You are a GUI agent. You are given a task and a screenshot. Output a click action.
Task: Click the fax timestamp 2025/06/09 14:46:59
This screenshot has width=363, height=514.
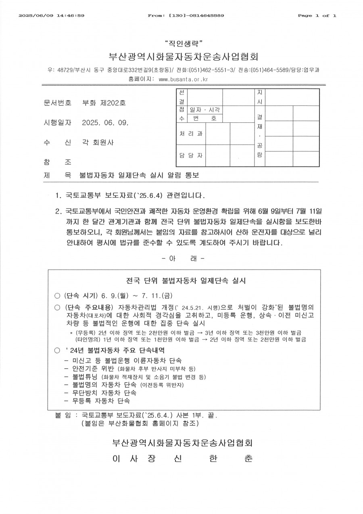(x=52, y=16)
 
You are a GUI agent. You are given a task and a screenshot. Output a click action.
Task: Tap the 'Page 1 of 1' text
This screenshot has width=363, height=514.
(x=317, y=16)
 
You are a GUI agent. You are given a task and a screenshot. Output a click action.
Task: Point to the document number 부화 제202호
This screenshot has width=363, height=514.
(x=104, y=103)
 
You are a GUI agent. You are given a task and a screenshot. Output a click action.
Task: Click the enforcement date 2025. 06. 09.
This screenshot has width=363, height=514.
(x=105, y=123)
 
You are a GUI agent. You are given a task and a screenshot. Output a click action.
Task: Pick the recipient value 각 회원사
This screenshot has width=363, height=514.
(x=98, y=143)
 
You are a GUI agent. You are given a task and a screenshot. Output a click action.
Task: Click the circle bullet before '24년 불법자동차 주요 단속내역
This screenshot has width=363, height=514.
(x=57, y=350)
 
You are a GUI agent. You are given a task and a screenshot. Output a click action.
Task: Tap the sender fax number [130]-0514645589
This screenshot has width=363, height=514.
(x=195, y=16)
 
